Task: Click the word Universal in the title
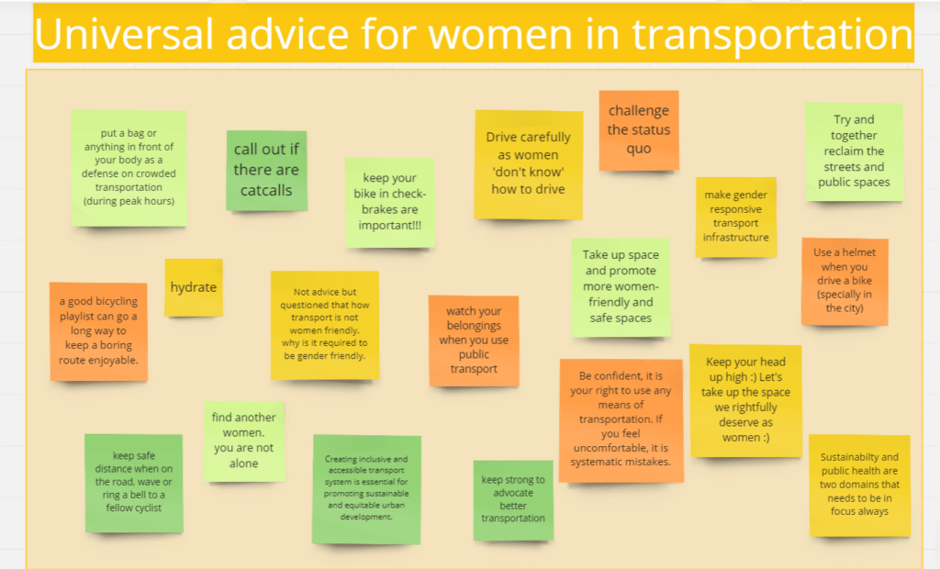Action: pos(124,33)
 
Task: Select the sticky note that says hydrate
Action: pos(194,287)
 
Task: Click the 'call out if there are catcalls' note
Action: pos(266,171)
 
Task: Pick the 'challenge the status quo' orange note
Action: pos(639,130)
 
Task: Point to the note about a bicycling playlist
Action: pos(98,331)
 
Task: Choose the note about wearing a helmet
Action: pos(845,281)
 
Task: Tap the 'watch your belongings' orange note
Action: pos(474,340)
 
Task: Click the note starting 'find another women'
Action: pos(243,441)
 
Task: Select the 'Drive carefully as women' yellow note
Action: pos(528,164)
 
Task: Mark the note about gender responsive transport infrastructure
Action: pos(735,218)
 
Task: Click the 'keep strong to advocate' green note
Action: pos(513,500)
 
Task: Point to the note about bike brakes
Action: pos(389,203)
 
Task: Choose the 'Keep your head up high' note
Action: pos(745,400)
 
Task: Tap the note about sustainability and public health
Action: pos(859,485)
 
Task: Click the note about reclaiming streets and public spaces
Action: pos(854,151)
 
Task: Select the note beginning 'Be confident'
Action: pos(621,420)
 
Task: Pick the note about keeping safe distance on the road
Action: pos(134,483)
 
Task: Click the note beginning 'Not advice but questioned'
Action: pos(324,325)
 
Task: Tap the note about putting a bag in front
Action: pos(129,168)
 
